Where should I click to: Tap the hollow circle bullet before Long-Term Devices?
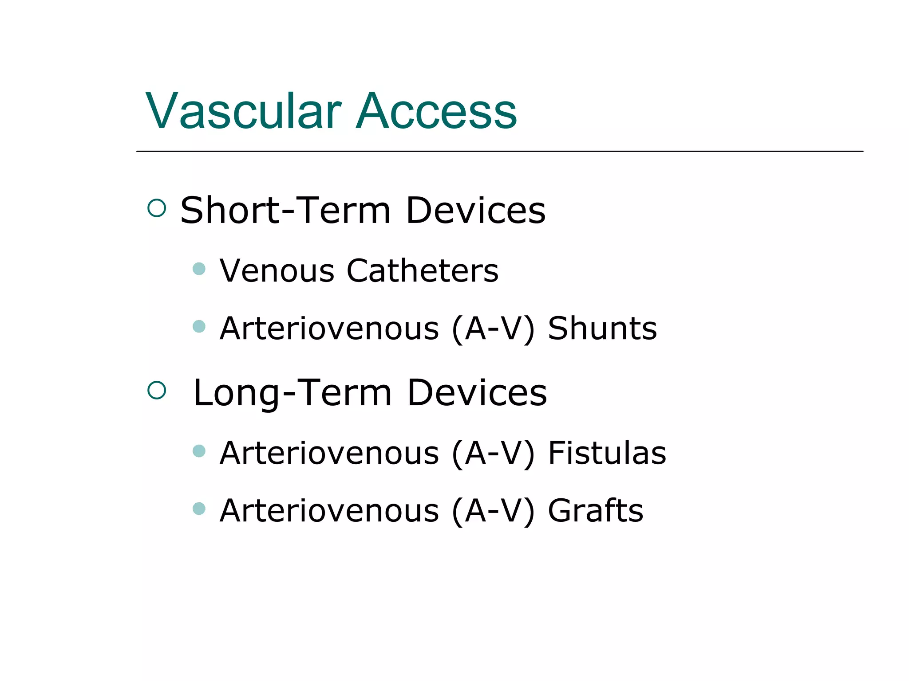(156, 390)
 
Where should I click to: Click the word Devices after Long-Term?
(477, 393)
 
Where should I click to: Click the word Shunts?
(602, 329)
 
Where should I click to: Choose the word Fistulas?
(607, 453)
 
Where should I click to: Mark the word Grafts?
(595, 511)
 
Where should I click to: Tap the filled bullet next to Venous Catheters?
(199, 269)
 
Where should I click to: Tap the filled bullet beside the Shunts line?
(199, 327)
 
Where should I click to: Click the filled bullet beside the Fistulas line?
(199, 451)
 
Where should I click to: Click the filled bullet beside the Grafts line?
(199, 509)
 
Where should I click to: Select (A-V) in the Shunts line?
(493, 329)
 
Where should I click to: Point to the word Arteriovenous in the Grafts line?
(329, 511)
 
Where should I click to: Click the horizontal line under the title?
(499, 151)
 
